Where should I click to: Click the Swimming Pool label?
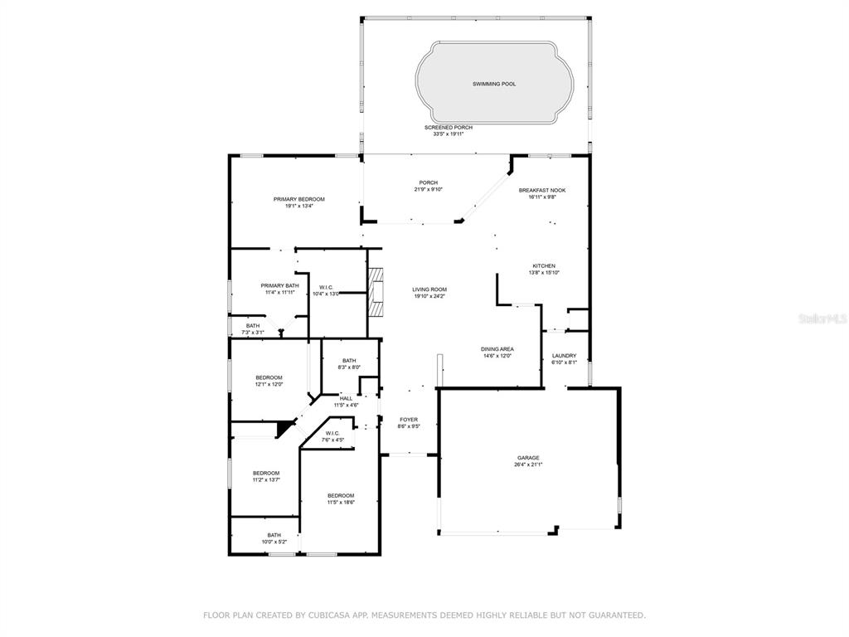pos(494,84)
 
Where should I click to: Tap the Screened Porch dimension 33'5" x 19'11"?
pos(449,134)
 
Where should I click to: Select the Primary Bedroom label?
pos(298,199)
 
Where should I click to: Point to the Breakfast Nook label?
pos(542,190)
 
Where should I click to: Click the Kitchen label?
pos(544,266)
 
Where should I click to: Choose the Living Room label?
pos(429,289)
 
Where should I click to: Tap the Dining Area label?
pos(497,349)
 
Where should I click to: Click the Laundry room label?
pos(564,356)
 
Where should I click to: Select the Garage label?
pos(528,458)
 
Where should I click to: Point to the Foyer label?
pos(409,420)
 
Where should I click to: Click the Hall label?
pos(346,399)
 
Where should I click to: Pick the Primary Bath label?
pos(279,286)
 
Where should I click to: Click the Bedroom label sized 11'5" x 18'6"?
pos(341,496)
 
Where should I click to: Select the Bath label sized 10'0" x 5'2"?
pos(274,535)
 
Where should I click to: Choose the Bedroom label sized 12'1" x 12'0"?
pos(269,377)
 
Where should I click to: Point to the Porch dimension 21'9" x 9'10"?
pos(429,190)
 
